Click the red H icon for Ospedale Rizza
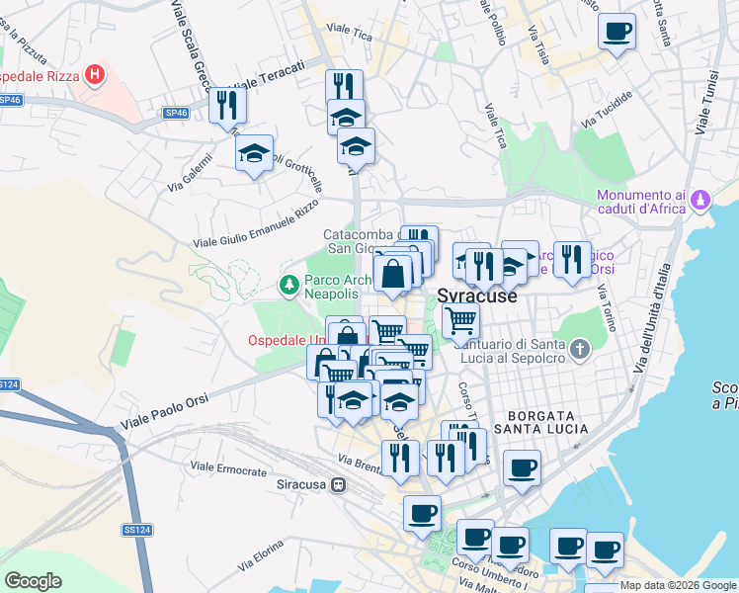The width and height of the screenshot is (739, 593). coord(95,75)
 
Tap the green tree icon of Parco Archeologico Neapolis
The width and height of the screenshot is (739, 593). coord(288,286)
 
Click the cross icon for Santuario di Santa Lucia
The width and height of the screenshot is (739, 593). coord(580,349)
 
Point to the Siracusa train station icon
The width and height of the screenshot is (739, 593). coord(339,485)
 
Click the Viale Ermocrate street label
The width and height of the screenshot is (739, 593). coord(230,466)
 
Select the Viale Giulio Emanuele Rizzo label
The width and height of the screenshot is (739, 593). coord(256,227)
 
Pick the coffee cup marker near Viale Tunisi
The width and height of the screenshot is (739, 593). coord(616,33)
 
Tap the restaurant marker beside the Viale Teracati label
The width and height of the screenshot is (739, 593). coord(228,104)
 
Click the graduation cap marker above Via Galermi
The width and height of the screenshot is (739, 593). coord(254,153)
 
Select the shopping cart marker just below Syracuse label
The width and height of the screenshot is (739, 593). coord(460,321)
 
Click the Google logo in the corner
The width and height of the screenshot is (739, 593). coord(33,581)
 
